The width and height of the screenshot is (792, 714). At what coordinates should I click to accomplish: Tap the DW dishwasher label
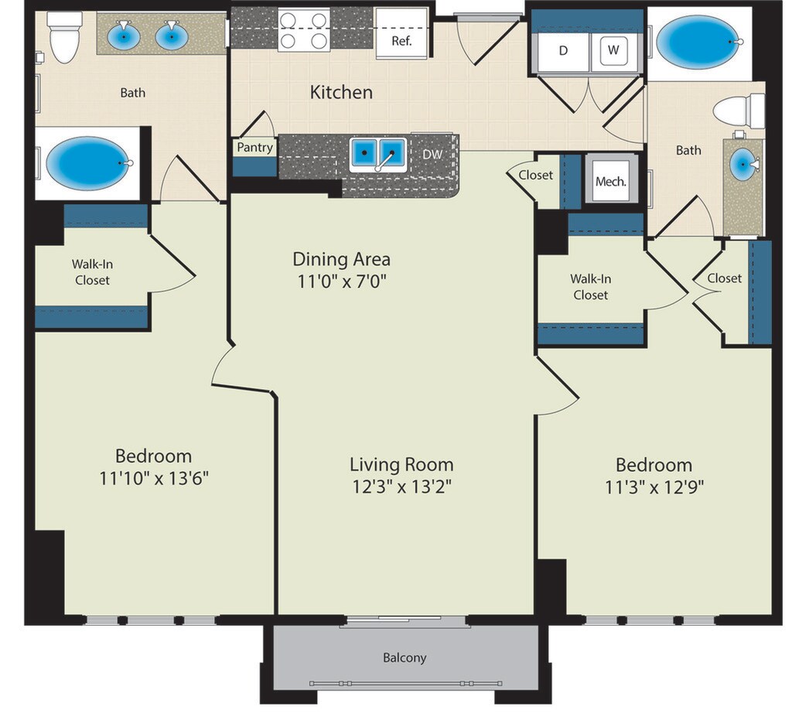(432, 155)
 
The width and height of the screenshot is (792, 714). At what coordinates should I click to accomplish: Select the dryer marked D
(563, 50)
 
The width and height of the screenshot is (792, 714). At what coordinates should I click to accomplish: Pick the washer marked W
(613, 50)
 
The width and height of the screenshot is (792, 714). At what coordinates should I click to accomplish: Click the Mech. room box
(611, 181)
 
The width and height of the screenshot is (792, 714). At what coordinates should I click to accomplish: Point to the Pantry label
(255, 148)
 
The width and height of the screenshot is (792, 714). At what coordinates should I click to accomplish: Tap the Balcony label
(405, 658)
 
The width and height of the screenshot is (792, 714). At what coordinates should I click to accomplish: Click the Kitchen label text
(341, 92)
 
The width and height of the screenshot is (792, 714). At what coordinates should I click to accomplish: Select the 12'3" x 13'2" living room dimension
(401, 487)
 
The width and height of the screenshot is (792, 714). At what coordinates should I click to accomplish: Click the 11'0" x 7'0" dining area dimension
(341, 281)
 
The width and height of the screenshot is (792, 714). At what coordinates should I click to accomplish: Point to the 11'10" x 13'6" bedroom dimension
(154, 477)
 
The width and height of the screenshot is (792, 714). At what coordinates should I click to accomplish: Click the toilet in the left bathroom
(64, 36)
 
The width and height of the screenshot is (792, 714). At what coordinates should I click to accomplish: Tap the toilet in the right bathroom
(739, 111)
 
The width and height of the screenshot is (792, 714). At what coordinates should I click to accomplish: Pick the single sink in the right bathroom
(743, 164)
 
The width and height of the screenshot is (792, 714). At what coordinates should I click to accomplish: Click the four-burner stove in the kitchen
(304, 29)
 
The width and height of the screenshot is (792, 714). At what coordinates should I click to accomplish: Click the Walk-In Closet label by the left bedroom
(93, 272)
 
